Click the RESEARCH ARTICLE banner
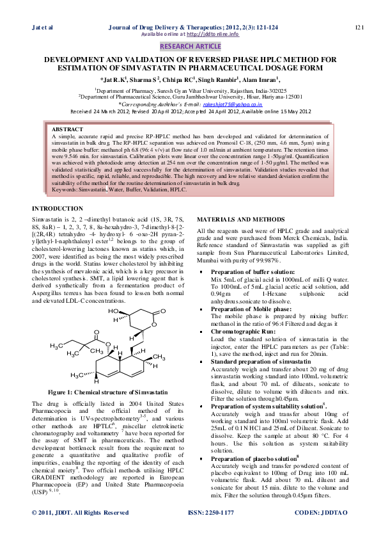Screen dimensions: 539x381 [x=190, y=47]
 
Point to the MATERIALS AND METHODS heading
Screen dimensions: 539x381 [x=240, y=220]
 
